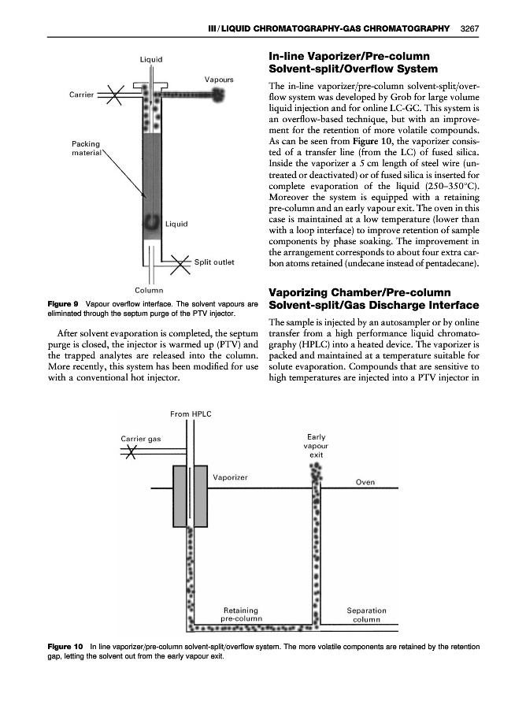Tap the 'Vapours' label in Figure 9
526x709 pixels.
(219, 80)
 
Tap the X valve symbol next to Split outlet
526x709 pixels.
(180, 262)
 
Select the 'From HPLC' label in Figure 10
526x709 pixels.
(191, 413)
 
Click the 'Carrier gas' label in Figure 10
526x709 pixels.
(142, 438)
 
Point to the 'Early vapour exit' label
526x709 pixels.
(317, 446)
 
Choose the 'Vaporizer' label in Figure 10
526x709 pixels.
(231, 477)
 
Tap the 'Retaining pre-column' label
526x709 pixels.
(241, 614)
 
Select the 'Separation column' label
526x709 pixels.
(367, 614)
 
